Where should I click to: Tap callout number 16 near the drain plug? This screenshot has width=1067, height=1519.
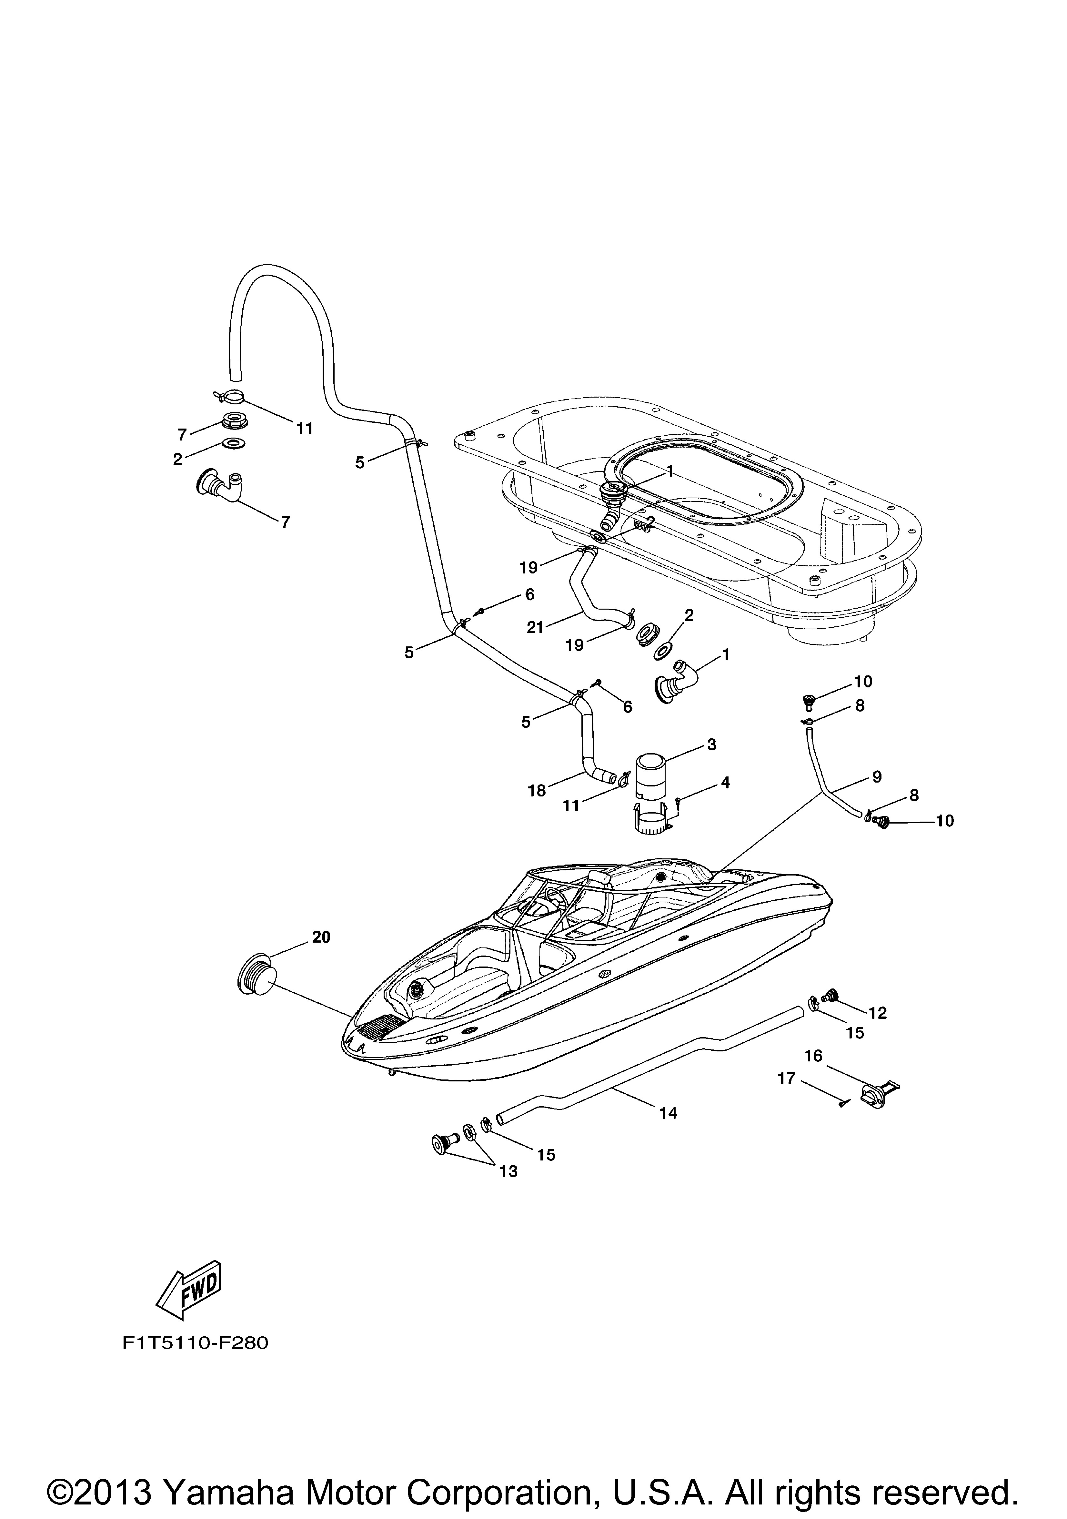[x=813, y=1056]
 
